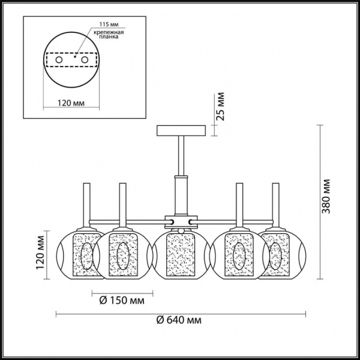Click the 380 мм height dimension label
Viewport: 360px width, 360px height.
326,196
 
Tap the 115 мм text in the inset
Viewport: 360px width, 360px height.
103,24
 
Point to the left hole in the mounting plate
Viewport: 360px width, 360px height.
58,61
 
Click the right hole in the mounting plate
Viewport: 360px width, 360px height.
86,61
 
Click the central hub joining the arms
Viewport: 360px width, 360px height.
181,221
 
